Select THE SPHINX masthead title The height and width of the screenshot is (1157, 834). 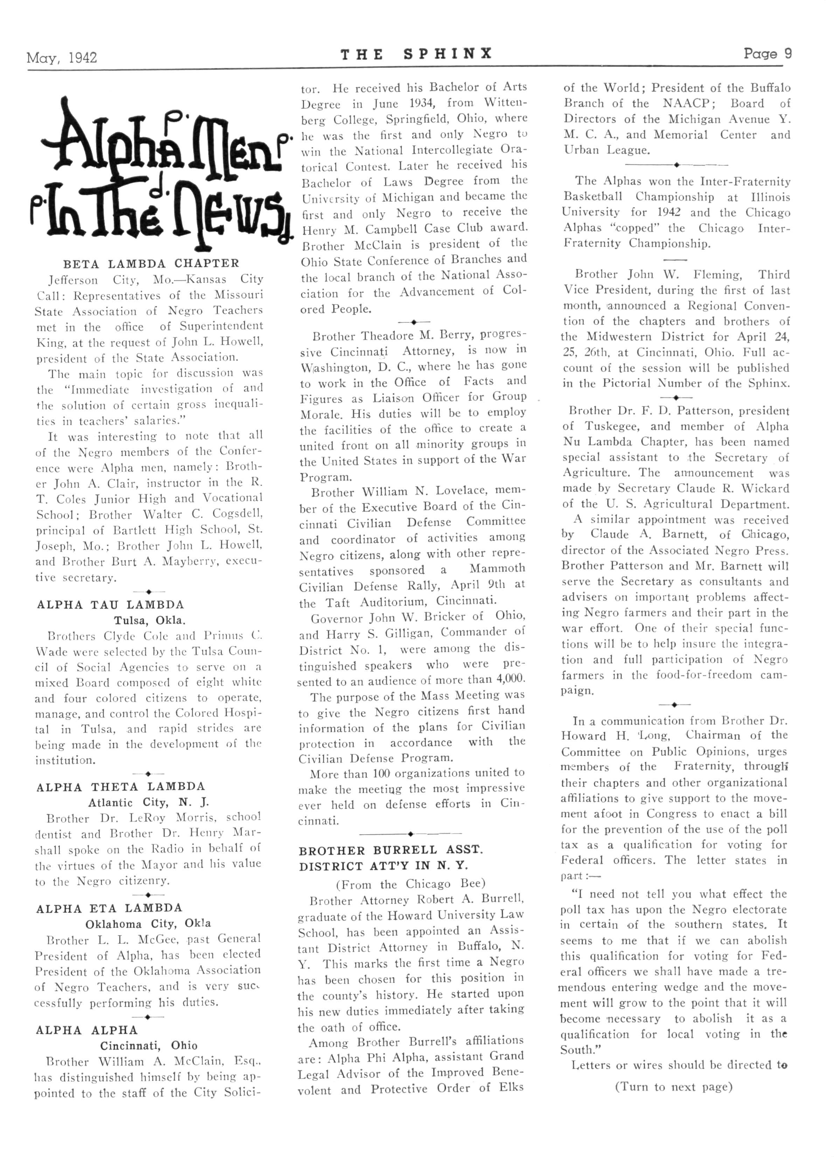click(x=416, y=54)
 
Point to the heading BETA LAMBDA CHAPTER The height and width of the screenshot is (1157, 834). click(x=151, y=264)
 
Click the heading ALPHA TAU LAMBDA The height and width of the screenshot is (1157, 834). click(x=110, y=605)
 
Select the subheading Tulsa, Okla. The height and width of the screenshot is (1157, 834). click(x=150, y=621)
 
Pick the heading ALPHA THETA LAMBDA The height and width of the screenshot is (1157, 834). click(x=120, y=787)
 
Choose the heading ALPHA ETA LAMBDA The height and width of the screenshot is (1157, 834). click(x=109, y=908)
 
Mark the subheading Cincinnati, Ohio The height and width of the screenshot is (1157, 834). click(x=148, y=1045)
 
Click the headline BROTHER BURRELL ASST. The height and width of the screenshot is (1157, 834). click(x=390, y=850)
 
